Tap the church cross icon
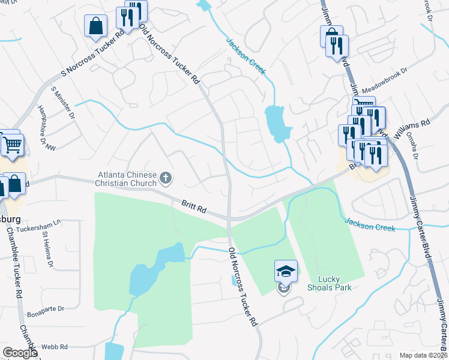pyautogui.click(x=166, y=178)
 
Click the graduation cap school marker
pyautogui.click(x=286, y=272)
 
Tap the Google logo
pyautogui.click(x=20, y=352)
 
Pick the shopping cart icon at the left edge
pyautogui.click(x=11, y=145)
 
